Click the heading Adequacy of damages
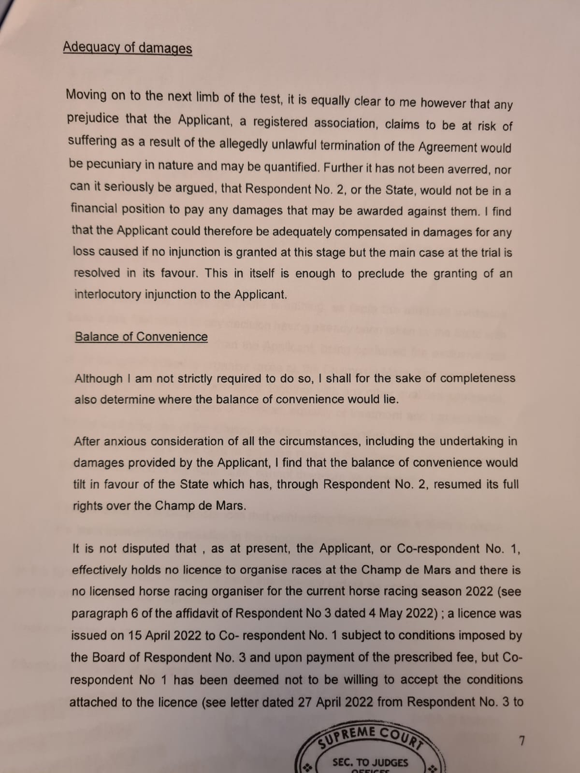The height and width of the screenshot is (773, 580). pyautogui.click(x=127, y=47)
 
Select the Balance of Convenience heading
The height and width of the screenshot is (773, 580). pyautogui.click(x=141, y=337)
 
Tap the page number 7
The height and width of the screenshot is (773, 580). pyautogui.click(x=521, y=741)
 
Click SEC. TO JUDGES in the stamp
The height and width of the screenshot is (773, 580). pyautogui.click(x=370, y=763)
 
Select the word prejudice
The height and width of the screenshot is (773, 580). pyautogui.click(x=93, y=118)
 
